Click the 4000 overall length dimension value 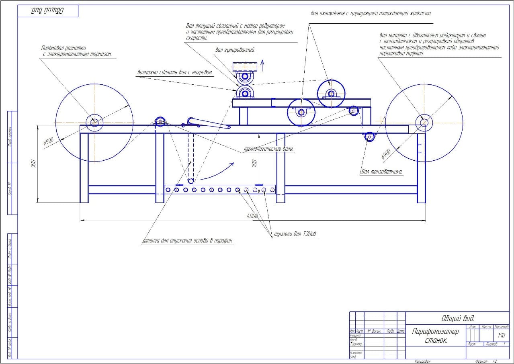coord(252,216)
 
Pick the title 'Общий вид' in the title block coord(458,319)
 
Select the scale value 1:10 coord(501,335)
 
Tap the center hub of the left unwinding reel coord(94,121)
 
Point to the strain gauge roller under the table coord(369,137)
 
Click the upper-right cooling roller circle coord(331,94)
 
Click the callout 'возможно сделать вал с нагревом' coord(175,73)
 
